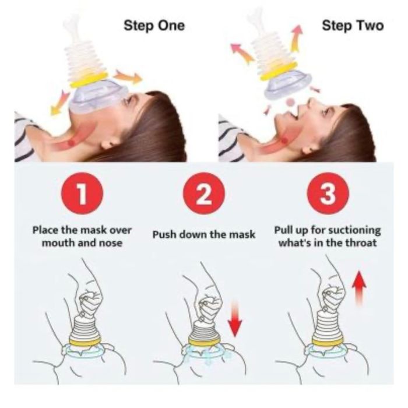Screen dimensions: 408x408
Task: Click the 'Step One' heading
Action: tap(154, 26)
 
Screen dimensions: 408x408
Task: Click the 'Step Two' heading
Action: tap(353, 26)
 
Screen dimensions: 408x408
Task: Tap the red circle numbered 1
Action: tap(82, 194)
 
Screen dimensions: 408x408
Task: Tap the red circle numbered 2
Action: tap(204, 194)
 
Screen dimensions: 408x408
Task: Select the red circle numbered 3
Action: tap(328, 194)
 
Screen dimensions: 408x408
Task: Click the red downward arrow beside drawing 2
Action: tap(235, 318)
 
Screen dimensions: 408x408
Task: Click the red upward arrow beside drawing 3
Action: tap(359, 288)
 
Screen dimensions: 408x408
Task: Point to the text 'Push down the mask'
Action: tap(204, 234)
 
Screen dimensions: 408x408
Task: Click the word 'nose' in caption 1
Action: tap(111, 243)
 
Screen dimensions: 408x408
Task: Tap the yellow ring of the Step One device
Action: tap(89, 80)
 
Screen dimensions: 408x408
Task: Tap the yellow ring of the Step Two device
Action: tap(279, 72)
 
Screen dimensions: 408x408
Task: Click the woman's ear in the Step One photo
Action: tap(110, 142)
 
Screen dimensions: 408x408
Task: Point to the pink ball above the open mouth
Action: tap(290, 102)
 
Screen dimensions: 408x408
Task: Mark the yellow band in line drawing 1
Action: tap(85, 342)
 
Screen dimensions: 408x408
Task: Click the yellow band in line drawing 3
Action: tap(328, 342)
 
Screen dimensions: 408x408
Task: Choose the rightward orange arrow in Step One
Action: tap(128, 76)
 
